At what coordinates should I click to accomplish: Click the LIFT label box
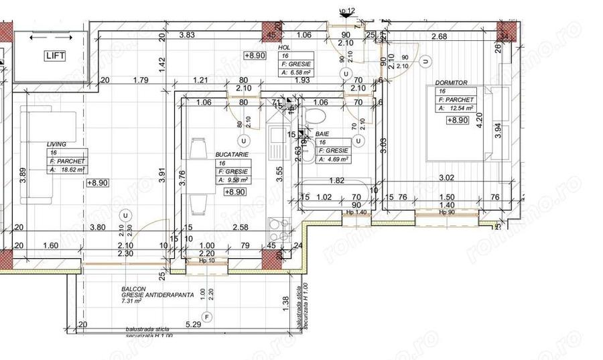pyautogui.click(x=55, y=56)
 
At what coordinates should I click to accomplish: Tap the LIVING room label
pyautogui.click(x=56, y=144)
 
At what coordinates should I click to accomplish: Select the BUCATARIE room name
pyautogui.click(x=232, y=154)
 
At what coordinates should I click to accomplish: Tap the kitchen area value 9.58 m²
pyautogui.click(x=233, y=180)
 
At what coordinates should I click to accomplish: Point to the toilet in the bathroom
pyautogui.click(x=314, y=119)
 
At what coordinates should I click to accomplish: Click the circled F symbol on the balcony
pyautogui.click(x=207, y=316)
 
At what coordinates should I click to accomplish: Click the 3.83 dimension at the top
pyautogui.click(x=187, y=36)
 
